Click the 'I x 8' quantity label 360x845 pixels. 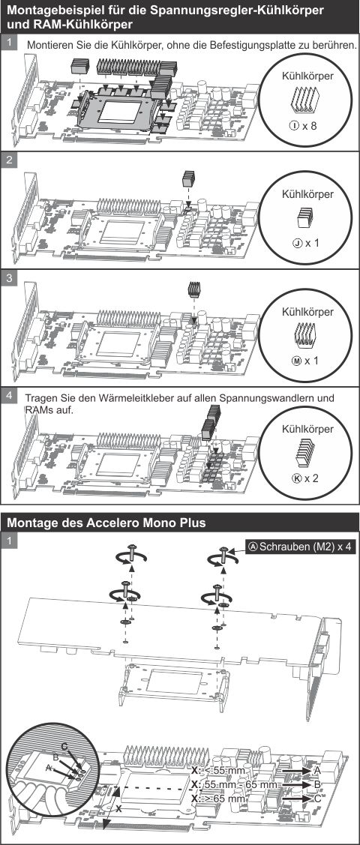click(304, 127)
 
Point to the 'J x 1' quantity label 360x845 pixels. click(306, 244)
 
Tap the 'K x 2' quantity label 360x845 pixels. click(306, 478)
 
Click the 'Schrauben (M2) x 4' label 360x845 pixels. click(300, 547)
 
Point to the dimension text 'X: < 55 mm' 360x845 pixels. click(218, 770)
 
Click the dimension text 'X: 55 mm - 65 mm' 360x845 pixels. click(234, 784)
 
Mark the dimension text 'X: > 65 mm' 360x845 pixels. click(218, 799)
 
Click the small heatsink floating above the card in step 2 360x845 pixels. click(189, 179)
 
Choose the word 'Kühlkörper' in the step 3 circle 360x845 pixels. click(306, 311)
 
